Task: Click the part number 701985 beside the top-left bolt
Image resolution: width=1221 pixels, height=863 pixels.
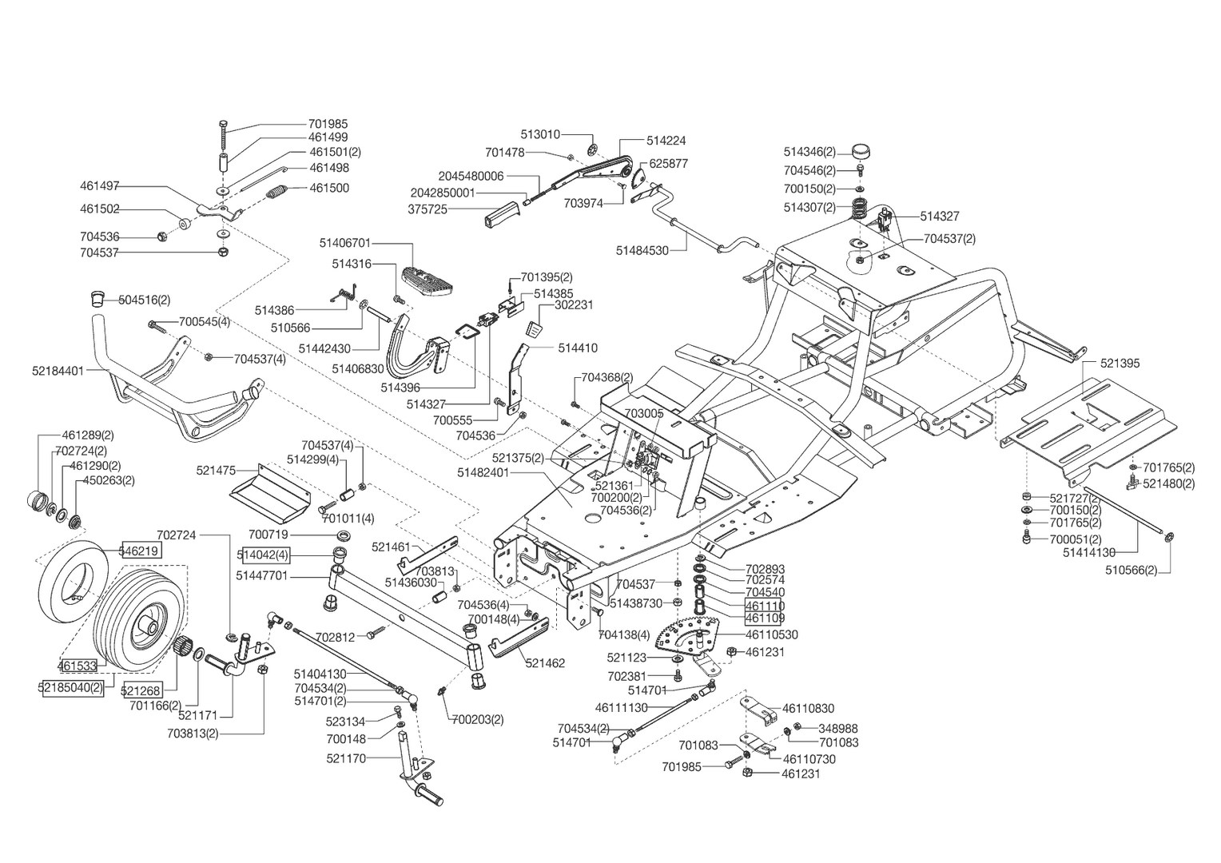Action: [x=328, y=124]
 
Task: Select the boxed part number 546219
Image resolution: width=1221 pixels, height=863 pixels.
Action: [x=140, y=550]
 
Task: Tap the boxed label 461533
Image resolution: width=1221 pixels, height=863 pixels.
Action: [x=78, y=665]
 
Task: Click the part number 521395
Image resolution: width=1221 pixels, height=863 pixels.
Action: [x=1120, y=363]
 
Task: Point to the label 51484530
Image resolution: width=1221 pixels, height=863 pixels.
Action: [x=642, y=250]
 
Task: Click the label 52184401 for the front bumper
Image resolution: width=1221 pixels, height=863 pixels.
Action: [x=58, y=371]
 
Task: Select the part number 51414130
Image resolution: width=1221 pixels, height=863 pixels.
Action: [x=1089, y=552]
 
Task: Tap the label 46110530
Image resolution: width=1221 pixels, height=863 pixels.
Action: [x=771, y=634]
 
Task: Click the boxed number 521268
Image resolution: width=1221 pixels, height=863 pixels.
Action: [x=141, y=690]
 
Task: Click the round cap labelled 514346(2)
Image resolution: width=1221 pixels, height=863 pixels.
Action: [x=861, y=151]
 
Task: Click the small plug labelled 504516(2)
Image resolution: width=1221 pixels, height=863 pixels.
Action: [x=97, y=300]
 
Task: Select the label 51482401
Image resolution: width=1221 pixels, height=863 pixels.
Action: [x=483, y=472]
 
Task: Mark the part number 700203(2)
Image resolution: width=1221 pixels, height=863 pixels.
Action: [x=478, y=719]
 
